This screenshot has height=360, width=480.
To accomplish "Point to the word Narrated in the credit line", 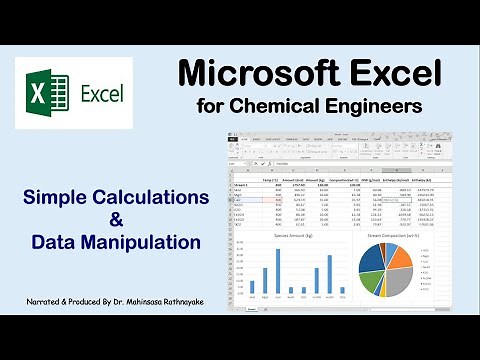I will [47, 301].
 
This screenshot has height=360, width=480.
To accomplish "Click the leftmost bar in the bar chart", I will [252, 287].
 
